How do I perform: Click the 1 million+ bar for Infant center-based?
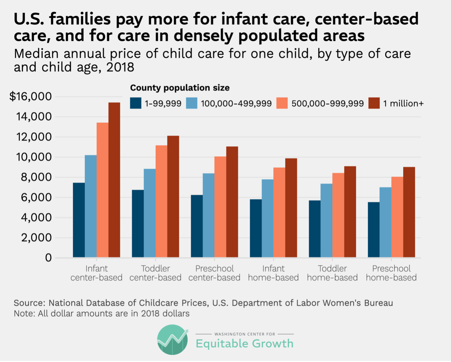pyautogui.click(x=114, y=180)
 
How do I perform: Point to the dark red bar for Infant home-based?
pyautogui.click(x=291, y=208)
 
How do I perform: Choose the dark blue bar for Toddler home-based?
pyautogui.click(x=314, y=229)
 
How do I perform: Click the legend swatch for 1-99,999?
pyautogui.click(x=136, y=103)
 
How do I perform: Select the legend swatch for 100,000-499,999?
pyautogui.click(x=191, y=103)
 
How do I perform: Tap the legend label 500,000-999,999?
pyautogui.click(x=327, y=104)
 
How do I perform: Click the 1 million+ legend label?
pyautogui.click(x=403, y=104)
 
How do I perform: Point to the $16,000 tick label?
pyautogui.click(x=31, y=96)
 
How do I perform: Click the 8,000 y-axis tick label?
pyautogui.click(x=36, y=177)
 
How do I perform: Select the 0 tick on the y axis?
pyautogui.click(x=48, y=258)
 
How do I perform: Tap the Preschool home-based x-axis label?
pyautogui.click(x=391, y=273)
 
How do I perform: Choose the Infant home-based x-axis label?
pyautogui.click(x=273, y=273)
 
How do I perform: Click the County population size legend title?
pyautogui.click(x=180, y=88)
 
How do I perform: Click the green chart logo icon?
pyautogui.click(x=173, y=340)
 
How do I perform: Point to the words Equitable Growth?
pyautogui.click(x=244, y=344)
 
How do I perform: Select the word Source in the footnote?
pyautogui.click(x=29, y=303)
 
